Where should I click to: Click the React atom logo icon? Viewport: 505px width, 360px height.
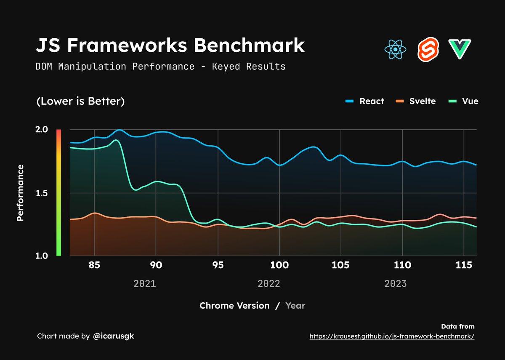(x=395, y=49)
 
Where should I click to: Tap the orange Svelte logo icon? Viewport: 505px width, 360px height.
(x=428, y=49)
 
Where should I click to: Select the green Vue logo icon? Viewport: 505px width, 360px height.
(x=460, y=49)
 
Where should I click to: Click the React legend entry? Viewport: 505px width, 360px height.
(x=364, y=101)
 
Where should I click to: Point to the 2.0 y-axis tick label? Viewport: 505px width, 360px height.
(x=41, y=130)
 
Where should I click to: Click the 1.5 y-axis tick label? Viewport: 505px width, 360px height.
(x=41, y=193)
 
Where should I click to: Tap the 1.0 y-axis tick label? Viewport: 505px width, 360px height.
(x=41, y=256)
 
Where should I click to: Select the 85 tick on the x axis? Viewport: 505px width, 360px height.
(x=95, y=266)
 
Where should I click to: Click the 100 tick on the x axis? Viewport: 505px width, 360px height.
(x=279, y=266)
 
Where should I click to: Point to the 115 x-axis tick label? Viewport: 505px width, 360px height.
(x=464, y=266)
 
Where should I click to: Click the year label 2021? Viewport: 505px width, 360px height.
(x=145, y=283)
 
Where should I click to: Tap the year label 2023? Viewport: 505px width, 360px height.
(x=396, y=283)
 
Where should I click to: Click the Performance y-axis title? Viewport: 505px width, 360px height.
(x=20, y=193)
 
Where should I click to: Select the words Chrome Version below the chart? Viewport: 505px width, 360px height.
(x=234, y=306)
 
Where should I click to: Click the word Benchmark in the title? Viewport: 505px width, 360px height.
(x=249, y=45)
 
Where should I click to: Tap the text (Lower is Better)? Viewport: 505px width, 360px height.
(x=80, y=101)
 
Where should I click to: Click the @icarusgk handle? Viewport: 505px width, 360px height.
(x=113, y=336)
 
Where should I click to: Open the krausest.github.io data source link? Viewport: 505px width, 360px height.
(x=392, y=336)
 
